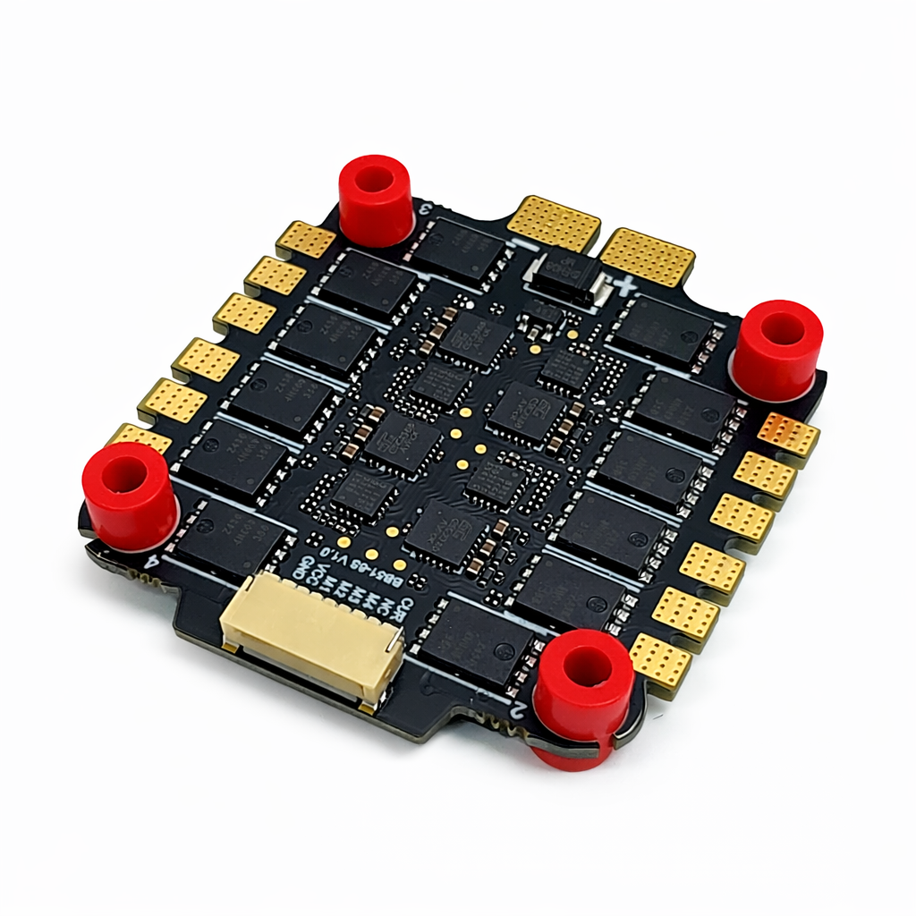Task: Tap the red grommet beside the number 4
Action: (130, 495)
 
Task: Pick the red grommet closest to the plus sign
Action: (777, 348)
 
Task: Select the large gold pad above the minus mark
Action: (554, 223)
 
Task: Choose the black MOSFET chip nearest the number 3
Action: (458, 246)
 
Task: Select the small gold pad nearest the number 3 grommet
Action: (305, 240)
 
